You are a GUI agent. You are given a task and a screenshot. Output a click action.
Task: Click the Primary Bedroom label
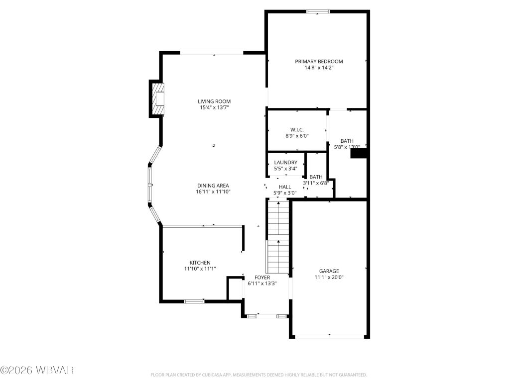coord(319,62)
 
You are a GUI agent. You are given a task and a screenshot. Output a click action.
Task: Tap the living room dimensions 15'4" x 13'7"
coord(214,107)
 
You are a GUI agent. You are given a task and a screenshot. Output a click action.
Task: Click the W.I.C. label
coord(297,129)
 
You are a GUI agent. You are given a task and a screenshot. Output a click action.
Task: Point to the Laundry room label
coord(285,163)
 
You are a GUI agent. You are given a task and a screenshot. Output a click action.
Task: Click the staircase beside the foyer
coord(278,236)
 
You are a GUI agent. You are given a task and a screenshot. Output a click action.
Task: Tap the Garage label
coord(329,271)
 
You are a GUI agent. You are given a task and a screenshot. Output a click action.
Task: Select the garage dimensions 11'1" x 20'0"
coord(329,278)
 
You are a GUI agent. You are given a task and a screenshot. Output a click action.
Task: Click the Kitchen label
coord(200,263)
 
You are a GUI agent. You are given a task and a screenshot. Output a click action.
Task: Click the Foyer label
coord(262,277)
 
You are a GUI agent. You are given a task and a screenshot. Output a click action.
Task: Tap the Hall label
coord(284,187)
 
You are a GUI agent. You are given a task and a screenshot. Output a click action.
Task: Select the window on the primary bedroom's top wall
coord(317,11)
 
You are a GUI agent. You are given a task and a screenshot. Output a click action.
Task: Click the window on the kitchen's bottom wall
coord(194,301)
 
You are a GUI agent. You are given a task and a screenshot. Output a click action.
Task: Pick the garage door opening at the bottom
coord(329,337)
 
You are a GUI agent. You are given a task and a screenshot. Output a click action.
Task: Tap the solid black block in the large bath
coord(359,154)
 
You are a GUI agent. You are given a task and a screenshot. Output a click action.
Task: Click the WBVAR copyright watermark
coord(37,370)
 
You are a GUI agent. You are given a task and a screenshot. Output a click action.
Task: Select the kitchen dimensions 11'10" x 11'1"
coord(200,269)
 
